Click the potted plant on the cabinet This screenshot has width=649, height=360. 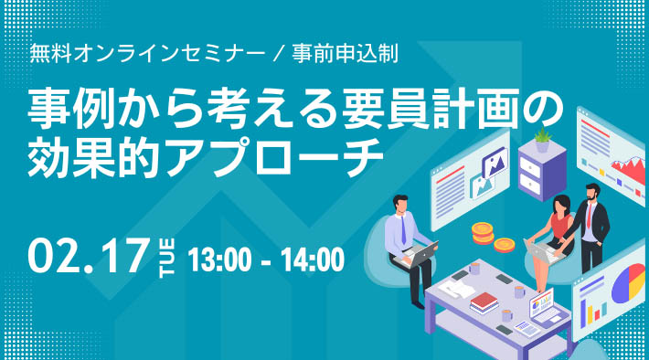[543, 139]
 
